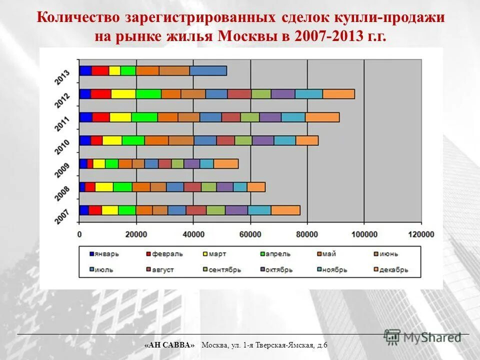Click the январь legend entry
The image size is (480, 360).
(104, 254)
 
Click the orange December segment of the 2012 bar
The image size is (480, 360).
(338, 94)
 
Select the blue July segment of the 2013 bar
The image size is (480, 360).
(208, 71)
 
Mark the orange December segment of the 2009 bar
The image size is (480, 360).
(225, 163)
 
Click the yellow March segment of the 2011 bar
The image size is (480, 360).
(120, 117)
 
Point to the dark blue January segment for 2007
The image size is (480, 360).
(84, 210)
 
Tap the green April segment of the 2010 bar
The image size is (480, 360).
(133, 140)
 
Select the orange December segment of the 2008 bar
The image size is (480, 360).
(256, 187)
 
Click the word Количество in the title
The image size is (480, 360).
(77, 18)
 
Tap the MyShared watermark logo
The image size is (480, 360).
(422, 337)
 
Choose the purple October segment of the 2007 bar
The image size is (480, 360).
(236, 210)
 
